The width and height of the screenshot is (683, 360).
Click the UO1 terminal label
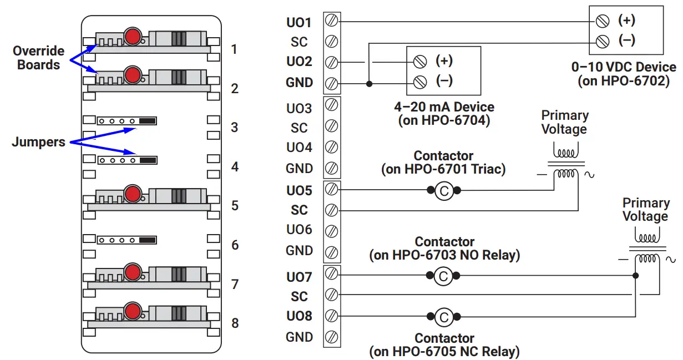click(x=299, y=22)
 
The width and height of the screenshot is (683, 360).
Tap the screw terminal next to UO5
click(x=331, y=190)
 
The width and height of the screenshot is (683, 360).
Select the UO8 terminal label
click(x=299, y=316)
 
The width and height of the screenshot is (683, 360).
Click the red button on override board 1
click(x=132, y=37)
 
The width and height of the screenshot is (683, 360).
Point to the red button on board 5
click(x=132, y=194)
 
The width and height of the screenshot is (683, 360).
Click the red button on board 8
click(x=132, y=311)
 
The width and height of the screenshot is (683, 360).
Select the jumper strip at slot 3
click(x=127, y=121)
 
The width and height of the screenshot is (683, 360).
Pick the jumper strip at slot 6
click(x=127, y=240)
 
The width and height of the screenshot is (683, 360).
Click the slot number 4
click(x=235, y=166)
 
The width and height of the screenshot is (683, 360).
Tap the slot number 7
click(x=235, y=284)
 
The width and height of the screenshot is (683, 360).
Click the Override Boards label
click(x=38, y=58)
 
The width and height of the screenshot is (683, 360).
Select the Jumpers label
click(x=38, y=142)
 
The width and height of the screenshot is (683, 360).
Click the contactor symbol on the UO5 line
click(x=443, y=191)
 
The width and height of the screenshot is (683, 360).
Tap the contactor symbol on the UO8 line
click(x=443, y=317)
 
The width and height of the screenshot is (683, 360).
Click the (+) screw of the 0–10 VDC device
click(x=602, y=21)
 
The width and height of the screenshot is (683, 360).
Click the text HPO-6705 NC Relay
click(x=444, y=351)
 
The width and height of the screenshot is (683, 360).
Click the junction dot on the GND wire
click(x=369, y=84)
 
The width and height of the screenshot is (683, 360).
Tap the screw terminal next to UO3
click(x=331, y=105)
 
